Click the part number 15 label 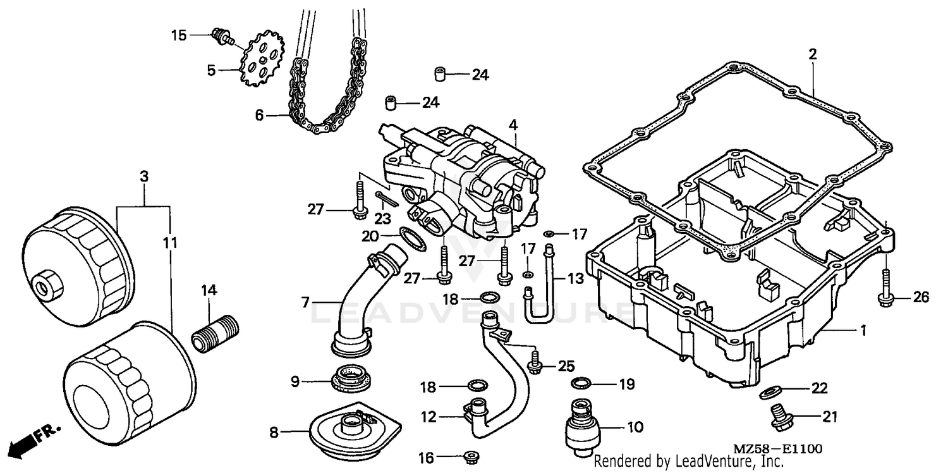point(179,35)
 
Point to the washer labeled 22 point(769,393)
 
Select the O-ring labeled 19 point(581,383)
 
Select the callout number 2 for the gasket point(812,54)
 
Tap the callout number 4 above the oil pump point(513,125)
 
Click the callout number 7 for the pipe point(305,303)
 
